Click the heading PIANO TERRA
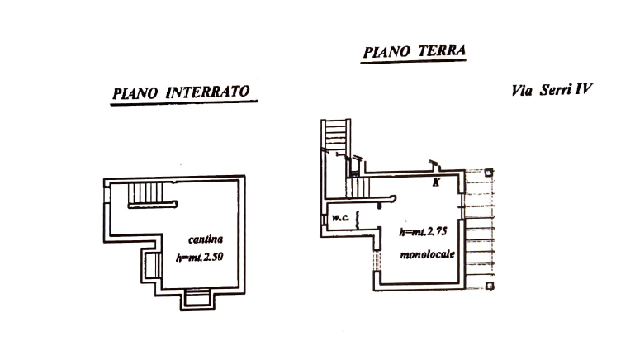415,51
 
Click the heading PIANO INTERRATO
182,92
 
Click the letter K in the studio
436,183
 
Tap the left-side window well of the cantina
149,266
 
